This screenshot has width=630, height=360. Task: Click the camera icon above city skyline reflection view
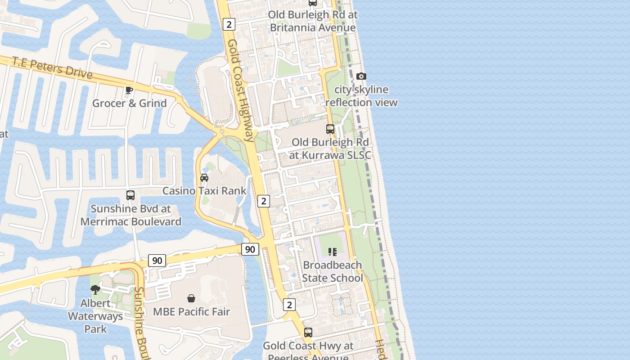click(361, 76)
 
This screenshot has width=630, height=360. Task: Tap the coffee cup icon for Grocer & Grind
click(129, 90)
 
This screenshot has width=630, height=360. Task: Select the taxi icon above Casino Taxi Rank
click(204, 178)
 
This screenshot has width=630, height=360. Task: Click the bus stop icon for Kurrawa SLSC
click(330, 129)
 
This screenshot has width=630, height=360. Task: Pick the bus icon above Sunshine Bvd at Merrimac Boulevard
click(130, 195)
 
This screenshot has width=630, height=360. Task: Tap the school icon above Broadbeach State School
click(332, 252)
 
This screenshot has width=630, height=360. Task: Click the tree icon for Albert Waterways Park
click(95, 290)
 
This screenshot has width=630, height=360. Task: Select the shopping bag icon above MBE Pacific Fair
click(191, 298)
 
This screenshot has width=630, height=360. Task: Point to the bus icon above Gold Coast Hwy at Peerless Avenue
click(308, 333)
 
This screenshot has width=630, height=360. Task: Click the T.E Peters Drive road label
click(52, 67)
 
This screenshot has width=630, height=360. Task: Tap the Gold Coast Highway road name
click(240, 90)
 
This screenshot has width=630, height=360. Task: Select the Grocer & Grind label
click(130, 103)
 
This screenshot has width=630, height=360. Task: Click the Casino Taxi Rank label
click(204, 191)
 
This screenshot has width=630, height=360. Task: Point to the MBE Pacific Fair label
click(191, 311)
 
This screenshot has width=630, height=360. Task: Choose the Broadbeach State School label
click(332, 271)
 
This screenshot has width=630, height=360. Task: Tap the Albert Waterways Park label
click(95, 316)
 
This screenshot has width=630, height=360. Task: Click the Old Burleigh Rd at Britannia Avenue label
click(313, 21)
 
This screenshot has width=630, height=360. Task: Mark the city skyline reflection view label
click(361, 96)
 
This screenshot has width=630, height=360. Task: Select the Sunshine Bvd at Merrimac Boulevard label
click(130, 215)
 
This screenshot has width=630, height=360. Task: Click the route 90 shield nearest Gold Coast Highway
click(250, 249)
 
